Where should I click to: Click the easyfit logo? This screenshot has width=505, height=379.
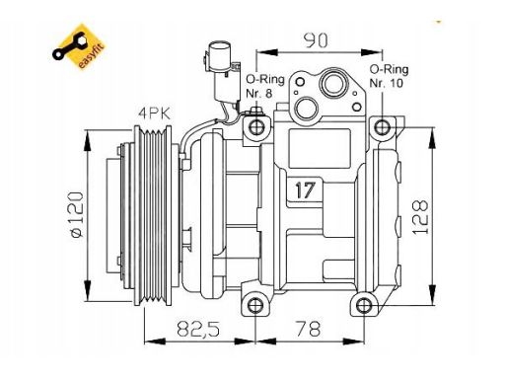tap(79, 47)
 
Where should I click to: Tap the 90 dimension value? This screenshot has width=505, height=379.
tap(316, 40)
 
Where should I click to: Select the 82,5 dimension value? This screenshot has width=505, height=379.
tap(198, 329)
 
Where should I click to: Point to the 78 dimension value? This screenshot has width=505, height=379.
tap(308, 329)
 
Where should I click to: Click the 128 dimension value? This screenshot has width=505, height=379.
tap(420, 217)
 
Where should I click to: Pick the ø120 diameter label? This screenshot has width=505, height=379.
tap(76, 214)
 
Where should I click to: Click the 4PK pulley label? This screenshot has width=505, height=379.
tap(154, 114)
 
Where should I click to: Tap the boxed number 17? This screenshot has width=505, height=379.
tap(305, 189)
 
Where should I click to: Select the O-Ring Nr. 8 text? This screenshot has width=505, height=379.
tap(265, 86)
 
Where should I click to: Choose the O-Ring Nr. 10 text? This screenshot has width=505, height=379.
tap(389, 76)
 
